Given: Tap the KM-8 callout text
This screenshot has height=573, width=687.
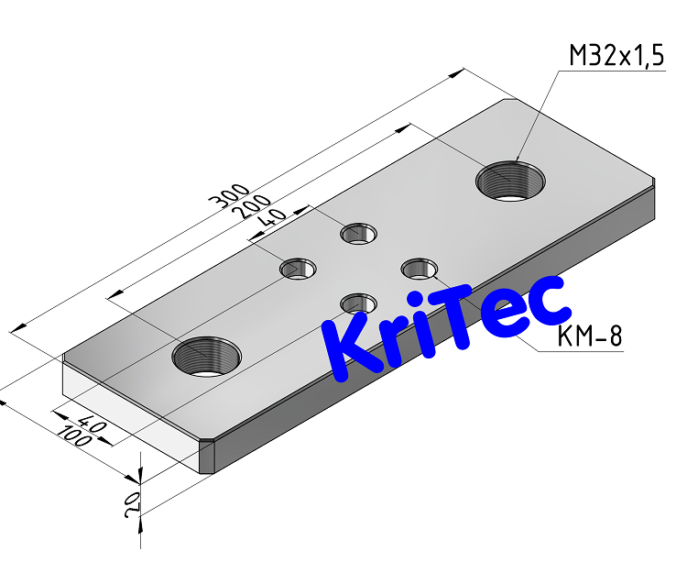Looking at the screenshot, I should click(590, 337).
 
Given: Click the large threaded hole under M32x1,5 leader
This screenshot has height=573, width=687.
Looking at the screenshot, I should click(511, 180).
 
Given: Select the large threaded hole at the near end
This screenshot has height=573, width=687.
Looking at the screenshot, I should click(207, 355).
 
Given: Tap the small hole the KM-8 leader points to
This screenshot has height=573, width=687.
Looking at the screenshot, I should click(420, 269).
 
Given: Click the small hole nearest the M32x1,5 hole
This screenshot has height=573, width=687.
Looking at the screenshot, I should click(359, 233).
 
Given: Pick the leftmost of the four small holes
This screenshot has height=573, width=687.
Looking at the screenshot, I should click(298, 269).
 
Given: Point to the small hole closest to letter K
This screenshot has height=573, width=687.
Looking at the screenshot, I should click(358, 302).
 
